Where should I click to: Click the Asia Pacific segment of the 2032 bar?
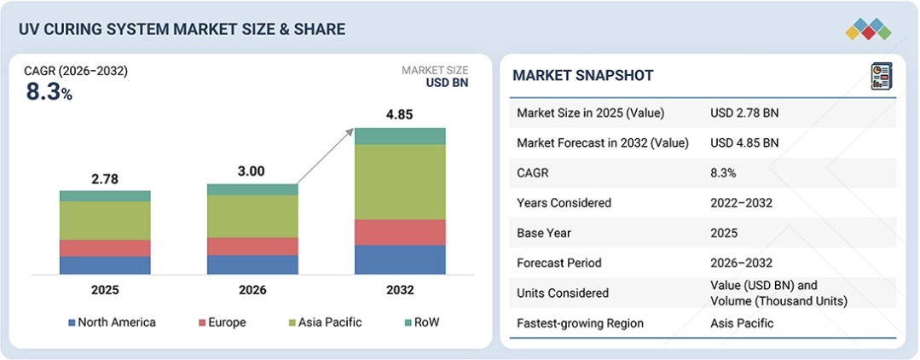[400, 182]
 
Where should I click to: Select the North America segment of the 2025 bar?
[105, 265]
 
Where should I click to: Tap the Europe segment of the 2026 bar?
[252, 247]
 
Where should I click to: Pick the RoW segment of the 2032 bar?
[400, 136]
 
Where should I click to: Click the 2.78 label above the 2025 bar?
[106, 179]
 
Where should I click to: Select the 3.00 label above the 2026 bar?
[252, 171]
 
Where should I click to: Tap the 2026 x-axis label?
[252, 290]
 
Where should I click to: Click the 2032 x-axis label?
[400, 290]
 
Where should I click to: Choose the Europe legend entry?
[223, 322]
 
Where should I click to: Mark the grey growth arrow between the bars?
[327, 156]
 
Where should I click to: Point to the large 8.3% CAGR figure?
[49, 92]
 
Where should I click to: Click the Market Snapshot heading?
[583, 76]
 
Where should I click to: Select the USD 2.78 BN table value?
[744, 113]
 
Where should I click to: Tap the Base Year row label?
[543, 233]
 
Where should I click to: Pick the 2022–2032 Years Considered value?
[740, 203]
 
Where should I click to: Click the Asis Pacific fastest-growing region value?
[742, 323]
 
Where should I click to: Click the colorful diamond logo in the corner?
[868, 29]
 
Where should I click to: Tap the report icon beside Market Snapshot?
[882, 76]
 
